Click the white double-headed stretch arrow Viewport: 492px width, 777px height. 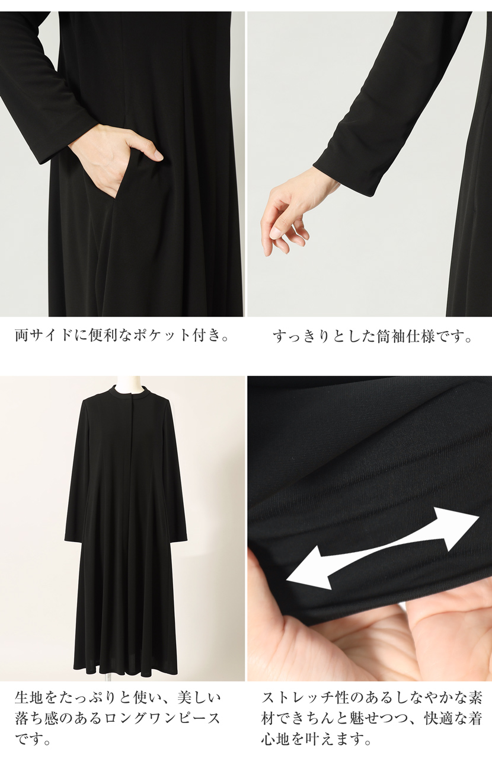(x=382, y=549)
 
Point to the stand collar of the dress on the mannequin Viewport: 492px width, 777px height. (x=128, y=392)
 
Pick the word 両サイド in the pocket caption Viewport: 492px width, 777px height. (x=40, y=336)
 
